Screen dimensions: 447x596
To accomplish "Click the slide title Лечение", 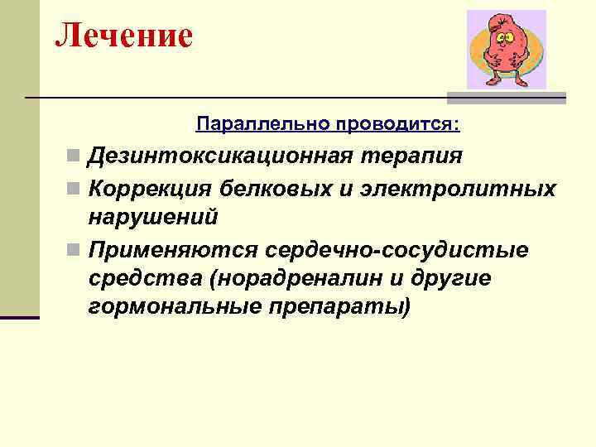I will (124, 36).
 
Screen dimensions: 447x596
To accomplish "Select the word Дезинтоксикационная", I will (216, 156).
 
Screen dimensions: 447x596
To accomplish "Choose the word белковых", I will (264, 188).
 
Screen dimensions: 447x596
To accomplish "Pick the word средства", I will (145, 278).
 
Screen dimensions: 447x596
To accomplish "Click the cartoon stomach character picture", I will (506, 50).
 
